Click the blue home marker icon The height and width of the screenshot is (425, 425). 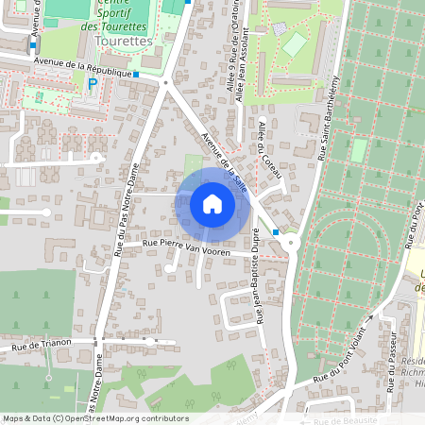click(x=212, y=204)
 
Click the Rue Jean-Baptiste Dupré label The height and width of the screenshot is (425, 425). click(x=258, y=293)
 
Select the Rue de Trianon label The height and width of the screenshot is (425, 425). click(x=39, y=348)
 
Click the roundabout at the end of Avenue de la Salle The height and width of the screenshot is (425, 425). click(x=290, y=243)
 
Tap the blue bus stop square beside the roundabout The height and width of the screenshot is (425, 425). click(x=275, y=231)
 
